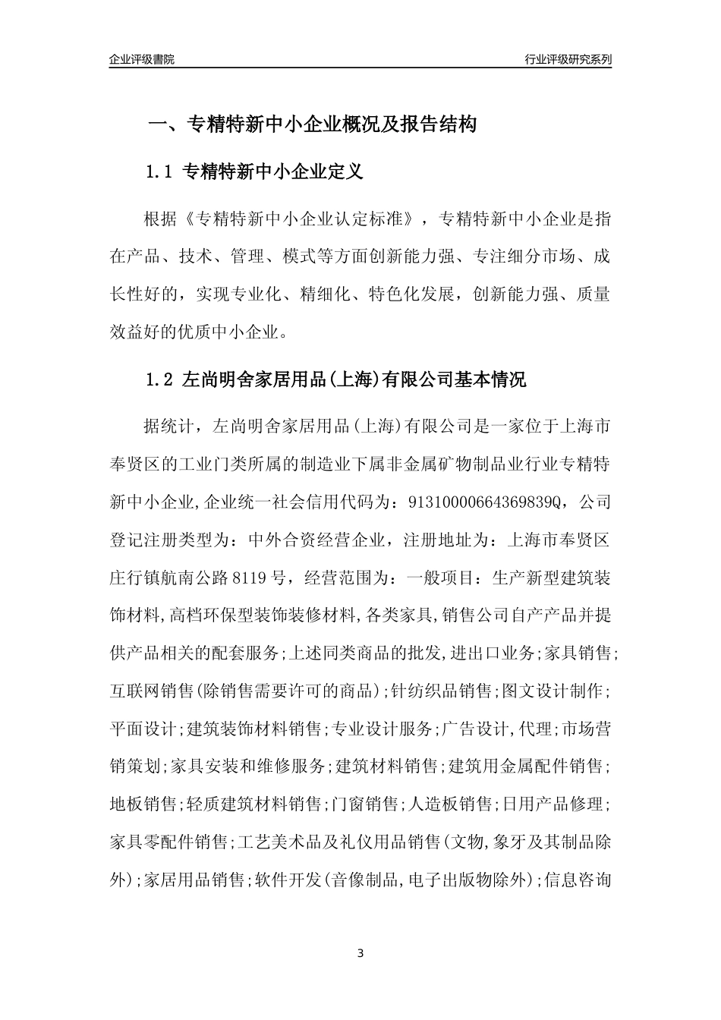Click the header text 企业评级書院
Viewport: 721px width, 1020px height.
click(142, 59)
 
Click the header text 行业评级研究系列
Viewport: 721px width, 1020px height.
click(568, 59)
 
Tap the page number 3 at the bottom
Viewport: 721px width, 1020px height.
click(360, 953)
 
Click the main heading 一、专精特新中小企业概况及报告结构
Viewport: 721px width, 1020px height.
click(311, 124)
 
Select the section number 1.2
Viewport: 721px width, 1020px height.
click(160, 380)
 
